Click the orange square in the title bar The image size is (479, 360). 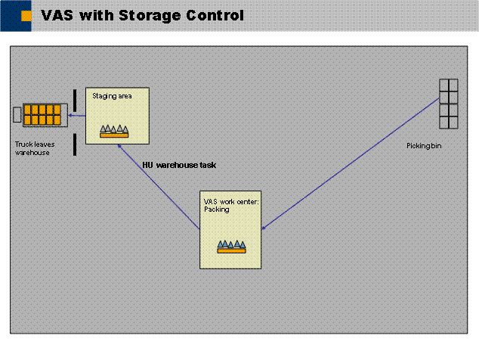25,14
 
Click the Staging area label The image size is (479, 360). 109,97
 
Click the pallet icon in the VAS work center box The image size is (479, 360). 232,246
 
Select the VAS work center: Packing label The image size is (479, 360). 221,205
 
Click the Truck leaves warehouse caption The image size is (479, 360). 32,147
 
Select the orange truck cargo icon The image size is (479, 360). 42,115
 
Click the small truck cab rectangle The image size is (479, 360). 17,114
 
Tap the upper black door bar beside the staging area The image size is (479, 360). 75,99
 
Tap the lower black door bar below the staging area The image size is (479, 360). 75,144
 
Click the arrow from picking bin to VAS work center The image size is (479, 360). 351,163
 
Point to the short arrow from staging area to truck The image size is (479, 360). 76,115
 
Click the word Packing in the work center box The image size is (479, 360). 216,209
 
